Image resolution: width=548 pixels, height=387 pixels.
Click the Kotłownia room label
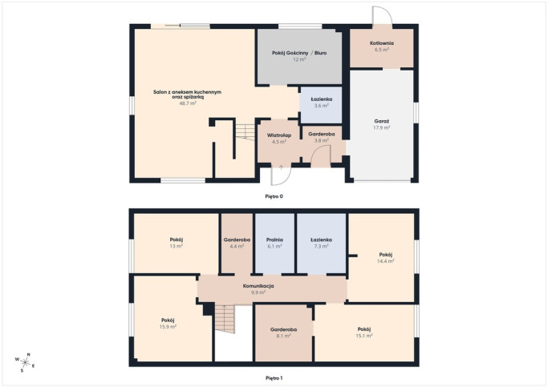(382, 43)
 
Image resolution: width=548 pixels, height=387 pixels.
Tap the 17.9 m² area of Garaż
(382, 127)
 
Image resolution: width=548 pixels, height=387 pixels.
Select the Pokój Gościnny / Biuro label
(299, 53)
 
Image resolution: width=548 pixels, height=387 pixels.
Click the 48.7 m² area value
(188, 103)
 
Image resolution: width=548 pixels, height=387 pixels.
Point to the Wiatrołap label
(279, 135)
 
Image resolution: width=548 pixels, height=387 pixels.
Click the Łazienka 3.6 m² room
(321, 105)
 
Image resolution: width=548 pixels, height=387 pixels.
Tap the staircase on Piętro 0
(245, 132)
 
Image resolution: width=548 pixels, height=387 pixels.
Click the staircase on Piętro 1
(225, 319)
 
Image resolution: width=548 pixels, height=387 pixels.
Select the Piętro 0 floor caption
(274, 196)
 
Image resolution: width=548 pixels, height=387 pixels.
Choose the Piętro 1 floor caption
(274, 378)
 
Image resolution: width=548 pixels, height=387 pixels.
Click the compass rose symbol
(25, 362)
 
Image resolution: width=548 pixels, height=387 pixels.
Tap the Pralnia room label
(274, 240)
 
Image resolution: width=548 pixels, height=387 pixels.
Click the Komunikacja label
(258, 286)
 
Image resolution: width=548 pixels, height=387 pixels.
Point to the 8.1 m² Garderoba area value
(283, 336)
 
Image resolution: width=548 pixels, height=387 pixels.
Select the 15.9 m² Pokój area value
(168, 327)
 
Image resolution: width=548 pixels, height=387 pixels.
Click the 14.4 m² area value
(385, 260)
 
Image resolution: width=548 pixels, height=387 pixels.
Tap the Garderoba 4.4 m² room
(237, 244)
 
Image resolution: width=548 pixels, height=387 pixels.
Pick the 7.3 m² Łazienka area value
(321, 246)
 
